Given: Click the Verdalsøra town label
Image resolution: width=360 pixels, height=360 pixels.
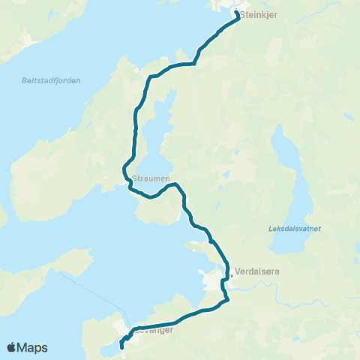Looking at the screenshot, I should point(257,272).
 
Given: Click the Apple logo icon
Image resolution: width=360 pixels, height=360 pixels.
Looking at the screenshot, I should point(11,347).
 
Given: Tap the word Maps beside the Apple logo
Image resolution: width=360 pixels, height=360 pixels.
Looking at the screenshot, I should point(33,347).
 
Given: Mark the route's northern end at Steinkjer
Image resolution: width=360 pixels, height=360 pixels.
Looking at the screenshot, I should point(238,13).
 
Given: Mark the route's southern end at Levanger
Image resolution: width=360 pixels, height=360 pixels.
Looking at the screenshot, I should point(121,348).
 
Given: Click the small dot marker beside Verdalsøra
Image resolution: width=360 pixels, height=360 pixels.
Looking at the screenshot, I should point(232,275).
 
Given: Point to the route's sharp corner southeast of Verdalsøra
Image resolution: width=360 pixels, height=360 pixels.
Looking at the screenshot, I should point(227,299).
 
